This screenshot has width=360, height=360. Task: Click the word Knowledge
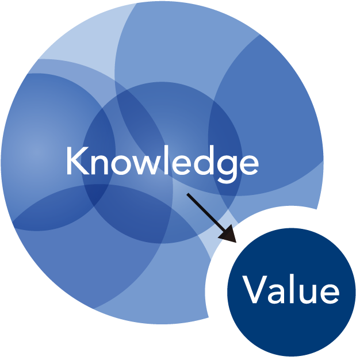[x=163, y=163]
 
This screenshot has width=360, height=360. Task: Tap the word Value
[x=290, y=289]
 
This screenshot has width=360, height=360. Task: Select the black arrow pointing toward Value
[x=212, y=217]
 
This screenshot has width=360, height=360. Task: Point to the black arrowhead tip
[x=236, y=243]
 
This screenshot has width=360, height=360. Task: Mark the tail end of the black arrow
[x=187, y=194]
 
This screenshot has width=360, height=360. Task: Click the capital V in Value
[x=254, y=289]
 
